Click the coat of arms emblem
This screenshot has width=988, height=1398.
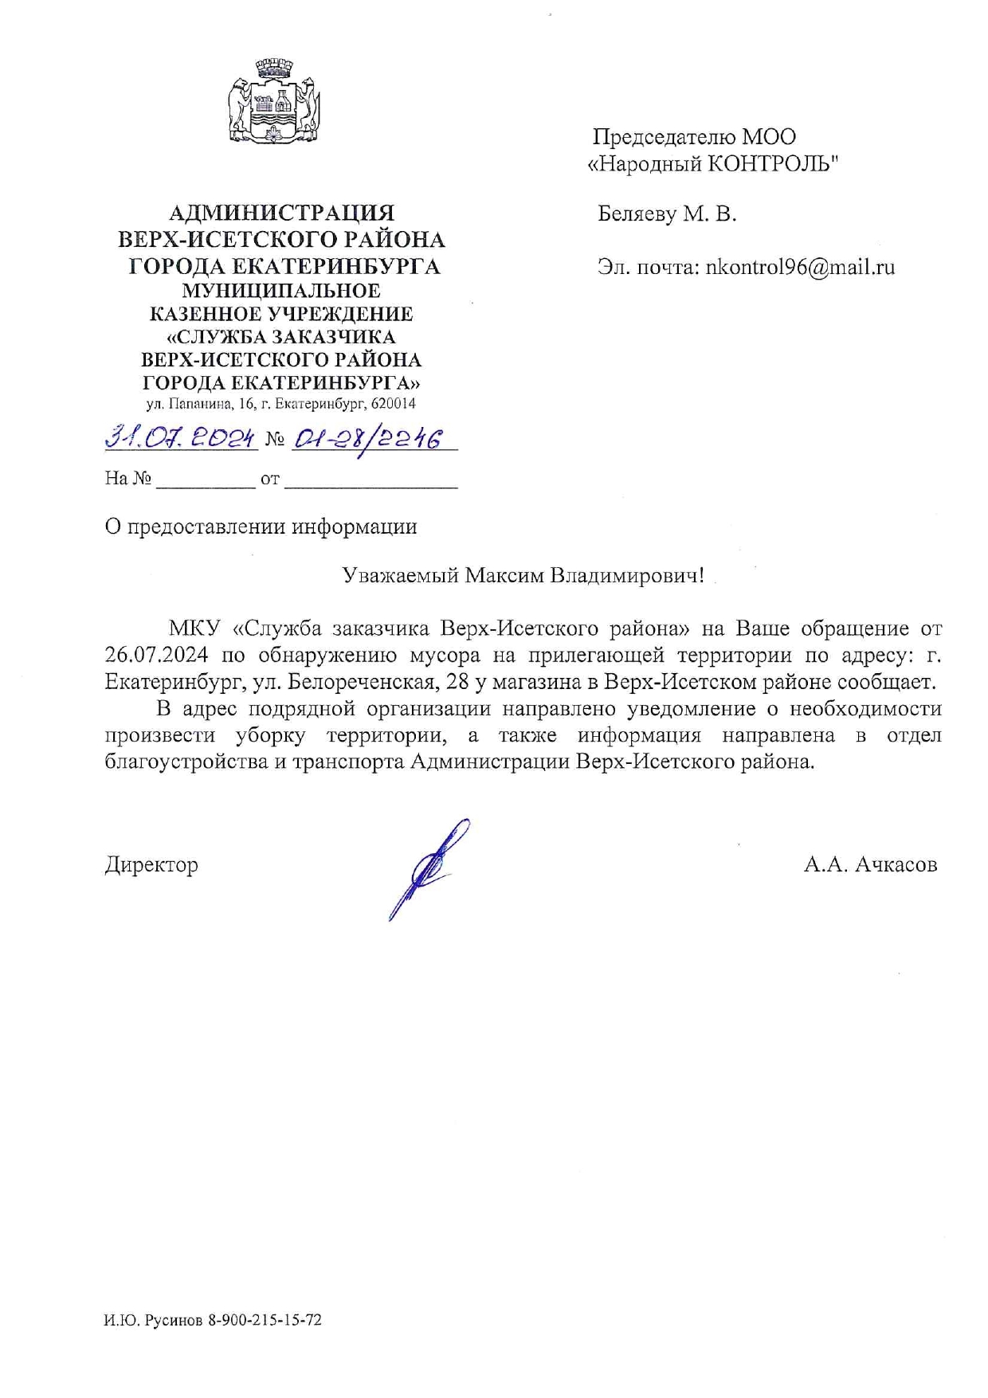(x=273, y=101)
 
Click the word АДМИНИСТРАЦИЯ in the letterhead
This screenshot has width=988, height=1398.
(x=281, y=213)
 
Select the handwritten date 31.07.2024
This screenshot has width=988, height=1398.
(x=180, y=437)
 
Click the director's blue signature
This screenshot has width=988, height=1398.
(x=429, y=868)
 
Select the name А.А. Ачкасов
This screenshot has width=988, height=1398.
(x=870, y=864)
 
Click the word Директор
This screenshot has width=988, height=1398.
(x=151, y=864)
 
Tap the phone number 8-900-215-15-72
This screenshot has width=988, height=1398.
(x=265, y=1320)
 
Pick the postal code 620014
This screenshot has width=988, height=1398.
(x=393, y=404)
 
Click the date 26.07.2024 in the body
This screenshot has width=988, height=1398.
(x=157, y=656)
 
